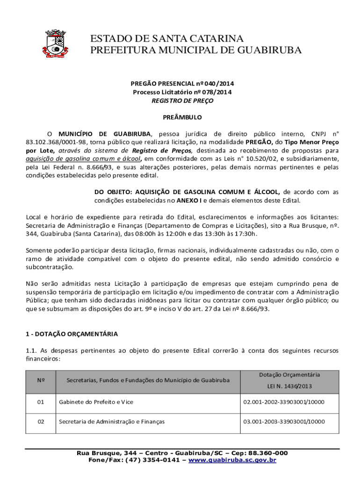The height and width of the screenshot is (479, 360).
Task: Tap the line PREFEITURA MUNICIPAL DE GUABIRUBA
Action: (196, 50)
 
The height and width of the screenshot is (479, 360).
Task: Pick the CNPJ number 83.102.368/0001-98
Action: (56, 142)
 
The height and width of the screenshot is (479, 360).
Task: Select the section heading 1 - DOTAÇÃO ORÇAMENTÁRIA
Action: (71, 334)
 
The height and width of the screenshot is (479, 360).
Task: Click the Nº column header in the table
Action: (41, 380)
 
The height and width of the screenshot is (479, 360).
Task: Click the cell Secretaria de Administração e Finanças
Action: (112, 421)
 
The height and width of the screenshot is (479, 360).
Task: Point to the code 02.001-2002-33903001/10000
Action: (284, 402)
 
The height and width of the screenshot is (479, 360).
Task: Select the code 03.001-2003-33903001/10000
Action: (284, 421)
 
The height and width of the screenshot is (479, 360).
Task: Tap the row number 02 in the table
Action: (41, 421)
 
